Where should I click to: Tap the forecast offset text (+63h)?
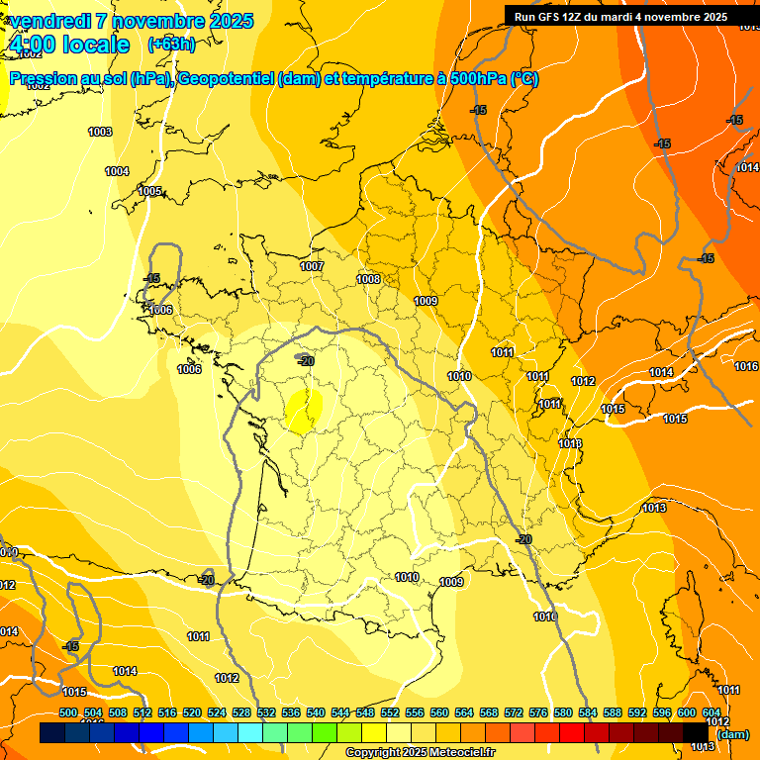click(171, 44)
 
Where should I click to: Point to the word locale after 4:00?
click(95, 45)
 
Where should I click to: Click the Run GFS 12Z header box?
click(620, 16)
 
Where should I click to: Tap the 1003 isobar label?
click(100, 132)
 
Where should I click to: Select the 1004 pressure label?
click(117, 171)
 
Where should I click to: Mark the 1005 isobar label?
click(149, 191)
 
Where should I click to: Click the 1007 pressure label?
click(312, 266)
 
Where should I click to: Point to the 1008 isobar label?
click(368, 279)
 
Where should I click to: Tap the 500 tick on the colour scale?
click(68, 712)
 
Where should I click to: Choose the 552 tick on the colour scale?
click(390, 712)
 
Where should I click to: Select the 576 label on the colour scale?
click(538, 712)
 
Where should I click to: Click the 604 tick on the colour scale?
click(712, 712)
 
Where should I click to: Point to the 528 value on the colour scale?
click(241, 712)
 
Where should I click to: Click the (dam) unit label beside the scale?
click(732, 734)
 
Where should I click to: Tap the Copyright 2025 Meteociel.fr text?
click(420, 752)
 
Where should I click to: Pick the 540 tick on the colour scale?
click(316, 712)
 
